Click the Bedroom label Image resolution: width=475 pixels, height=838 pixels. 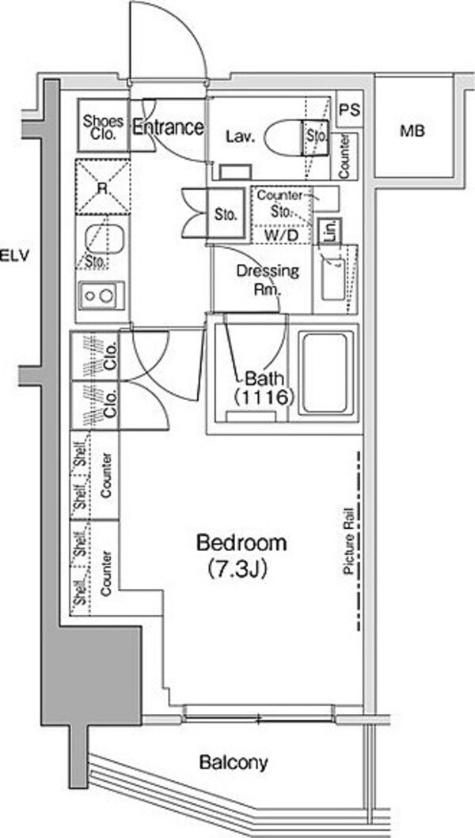pos(241,544)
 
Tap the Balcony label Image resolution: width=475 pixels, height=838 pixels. pos(234,763)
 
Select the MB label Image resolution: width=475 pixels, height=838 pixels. pos(412,130)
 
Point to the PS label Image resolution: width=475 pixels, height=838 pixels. pos(351,110)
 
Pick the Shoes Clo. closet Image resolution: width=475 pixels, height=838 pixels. pos(103,125)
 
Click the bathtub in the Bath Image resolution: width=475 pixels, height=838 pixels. pos(325,372)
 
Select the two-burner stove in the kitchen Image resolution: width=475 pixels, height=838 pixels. pos(101,296)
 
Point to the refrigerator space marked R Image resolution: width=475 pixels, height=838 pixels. pos(103,187)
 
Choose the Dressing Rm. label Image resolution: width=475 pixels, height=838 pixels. pos(268,280)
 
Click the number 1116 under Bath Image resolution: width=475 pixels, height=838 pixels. pos(262,398)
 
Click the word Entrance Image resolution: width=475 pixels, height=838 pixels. pos(168,127)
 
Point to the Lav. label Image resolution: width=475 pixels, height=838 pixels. pos(240,137)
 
